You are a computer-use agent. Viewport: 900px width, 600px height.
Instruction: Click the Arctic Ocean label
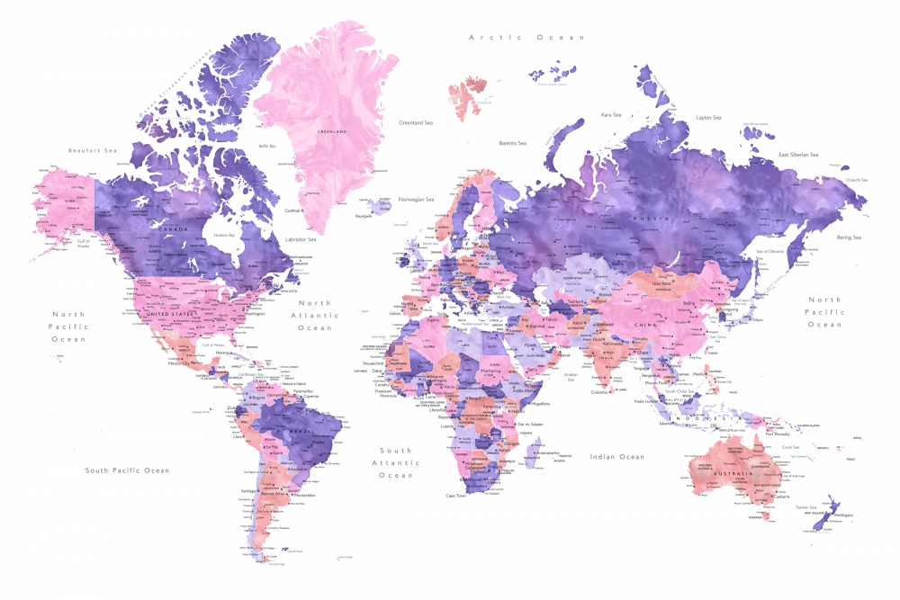tap(526, 38)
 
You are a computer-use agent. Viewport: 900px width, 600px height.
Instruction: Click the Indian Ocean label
tap(617, 457)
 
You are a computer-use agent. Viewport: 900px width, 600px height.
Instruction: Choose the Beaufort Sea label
tap(93, 150)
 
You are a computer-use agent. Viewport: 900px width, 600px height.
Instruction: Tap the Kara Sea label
tap(612, 115)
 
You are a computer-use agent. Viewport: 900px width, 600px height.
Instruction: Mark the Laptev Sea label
tap(709, 118)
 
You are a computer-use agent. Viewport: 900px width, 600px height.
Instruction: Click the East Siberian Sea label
tap(798, 155)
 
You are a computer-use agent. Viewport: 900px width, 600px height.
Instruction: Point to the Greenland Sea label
tap(417, 121)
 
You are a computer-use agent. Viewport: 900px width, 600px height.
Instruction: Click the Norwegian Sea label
tap(416, 199)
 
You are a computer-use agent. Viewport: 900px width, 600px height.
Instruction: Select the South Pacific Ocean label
tap(127, 470)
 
